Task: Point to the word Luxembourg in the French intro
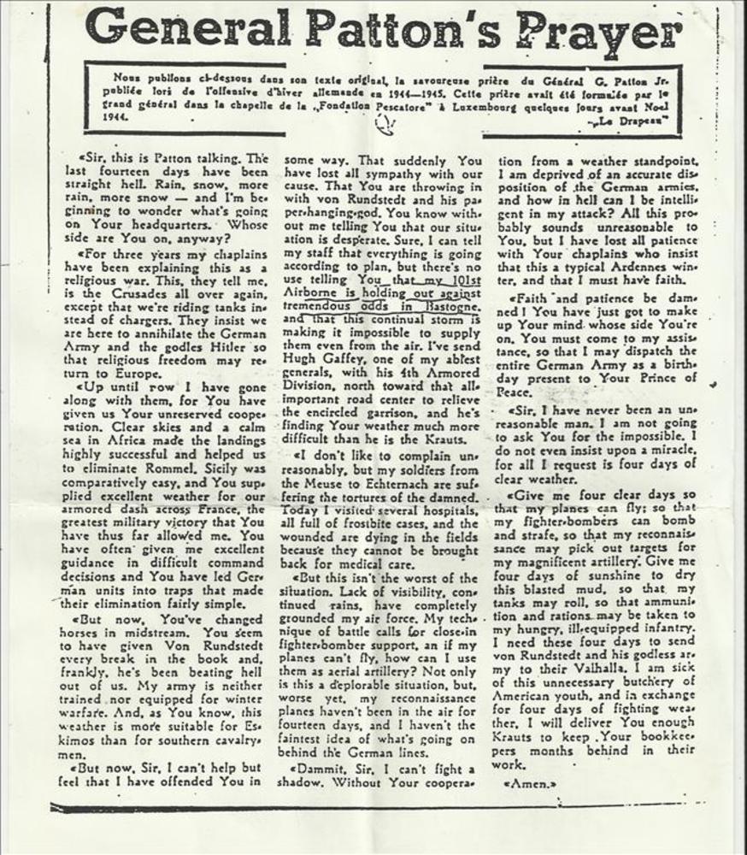coord(490,106)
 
